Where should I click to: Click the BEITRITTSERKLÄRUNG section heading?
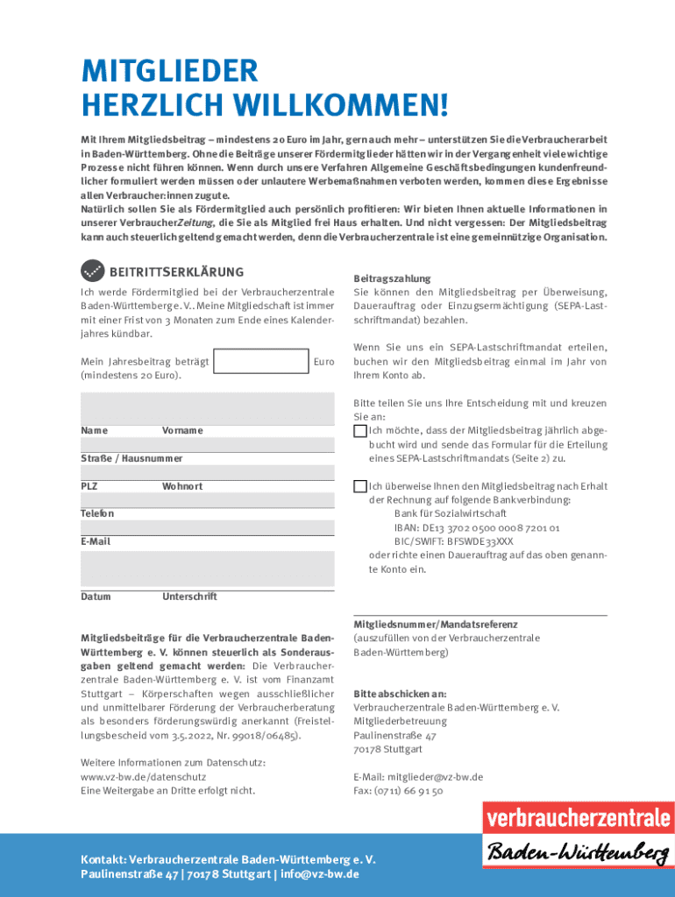[176, 272]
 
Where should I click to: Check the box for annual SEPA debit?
[359, 430]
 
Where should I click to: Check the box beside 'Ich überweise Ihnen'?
[359, 486]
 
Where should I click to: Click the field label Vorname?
[181, 430]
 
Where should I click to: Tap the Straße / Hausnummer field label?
[119, 458]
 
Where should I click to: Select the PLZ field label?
[89, 486]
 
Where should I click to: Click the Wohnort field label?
[181, 486]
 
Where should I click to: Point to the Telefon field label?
[97, 513]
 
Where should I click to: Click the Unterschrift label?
[189, 597]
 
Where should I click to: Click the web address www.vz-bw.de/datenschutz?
[143, 776]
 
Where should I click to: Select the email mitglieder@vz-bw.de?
[436, 776]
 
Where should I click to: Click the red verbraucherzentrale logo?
[579, 820]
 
